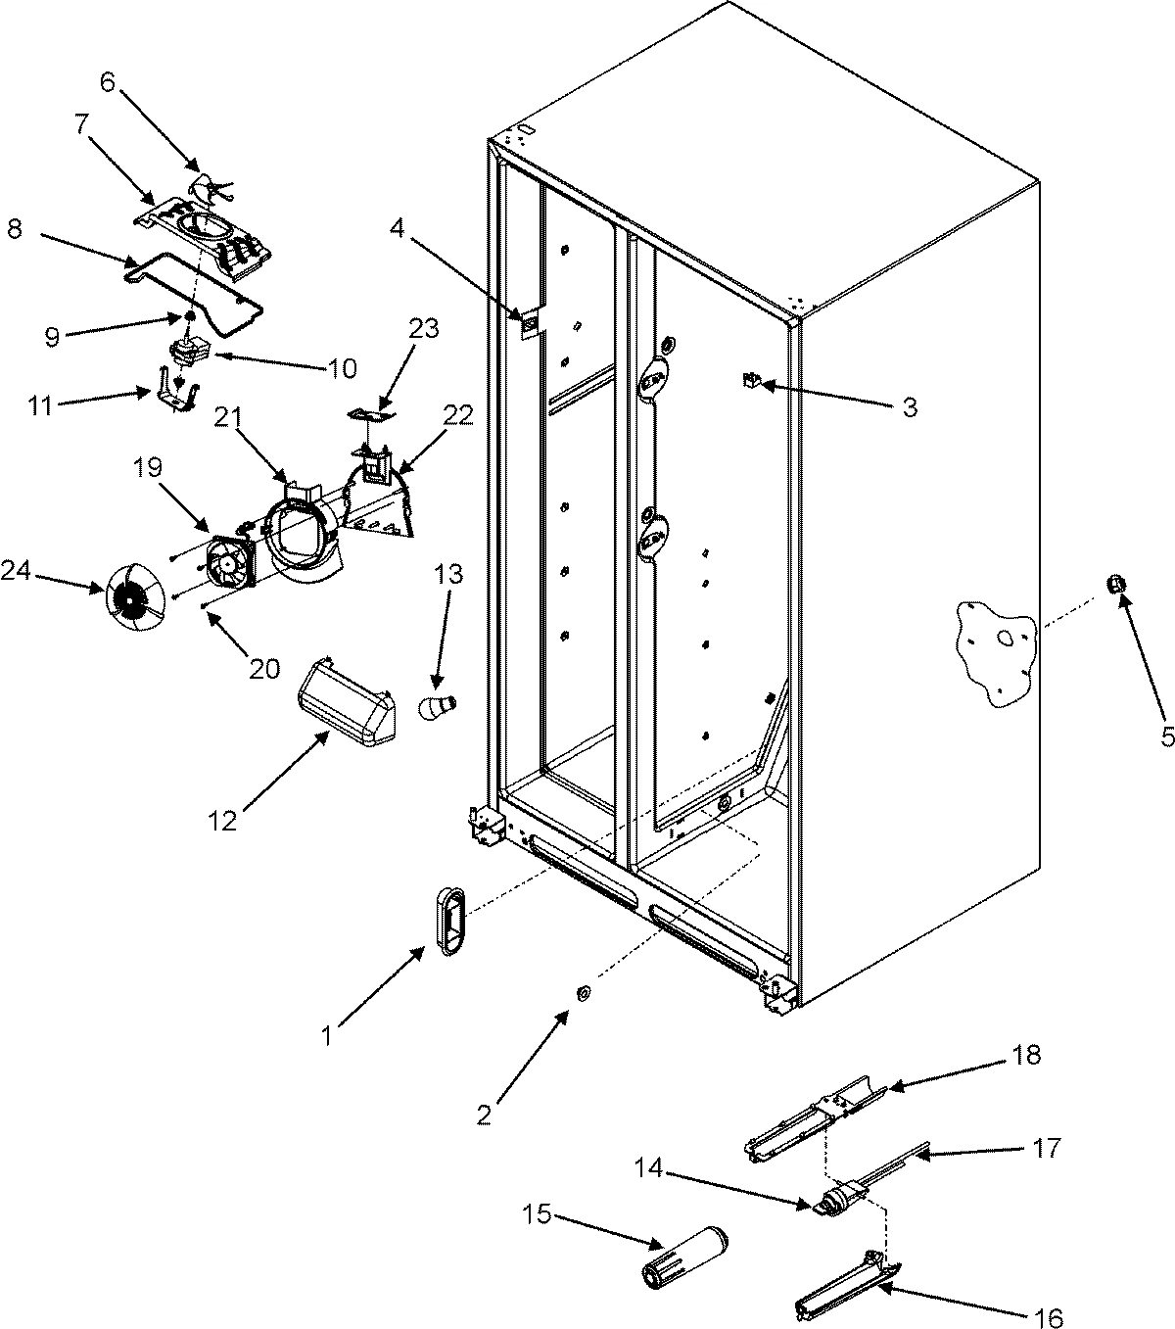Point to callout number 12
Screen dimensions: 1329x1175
click(223, 820)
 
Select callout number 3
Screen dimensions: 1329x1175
click(910, 407)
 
